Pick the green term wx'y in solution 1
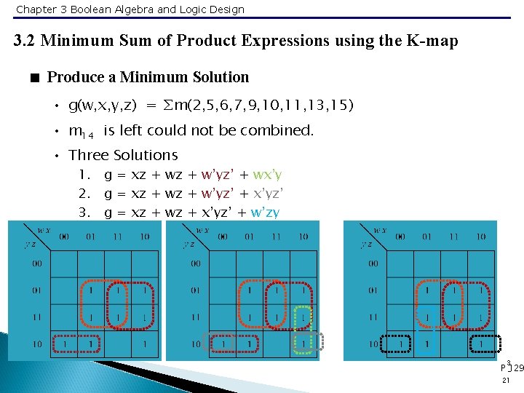point(266,175)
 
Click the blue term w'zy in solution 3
point(265,213)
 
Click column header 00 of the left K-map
point(64,237)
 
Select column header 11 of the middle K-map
point(276,237)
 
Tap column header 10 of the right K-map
point(480,237)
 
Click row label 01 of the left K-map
point(36,291)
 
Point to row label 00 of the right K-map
point(373,264)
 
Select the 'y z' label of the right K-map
point(367,245)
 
